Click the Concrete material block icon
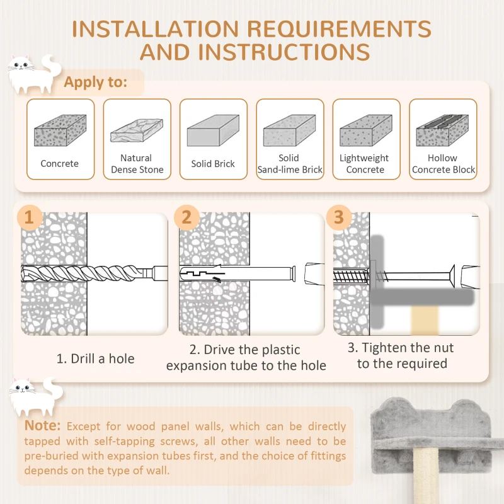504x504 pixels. (60, 131)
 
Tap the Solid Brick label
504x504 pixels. (213, 164)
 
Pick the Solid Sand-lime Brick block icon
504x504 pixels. (289, 131)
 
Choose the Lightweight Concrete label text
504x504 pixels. (365, 164)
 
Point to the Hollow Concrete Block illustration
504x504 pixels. (442, 130)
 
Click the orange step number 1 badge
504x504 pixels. (29, 217)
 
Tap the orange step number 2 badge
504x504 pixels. (186, 217)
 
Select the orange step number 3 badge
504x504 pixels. (339, 217)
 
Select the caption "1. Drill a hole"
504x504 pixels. (96, 358)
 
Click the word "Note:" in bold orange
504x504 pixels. (43, 426)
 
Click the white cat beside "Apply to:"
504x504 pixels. (31, 74)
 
